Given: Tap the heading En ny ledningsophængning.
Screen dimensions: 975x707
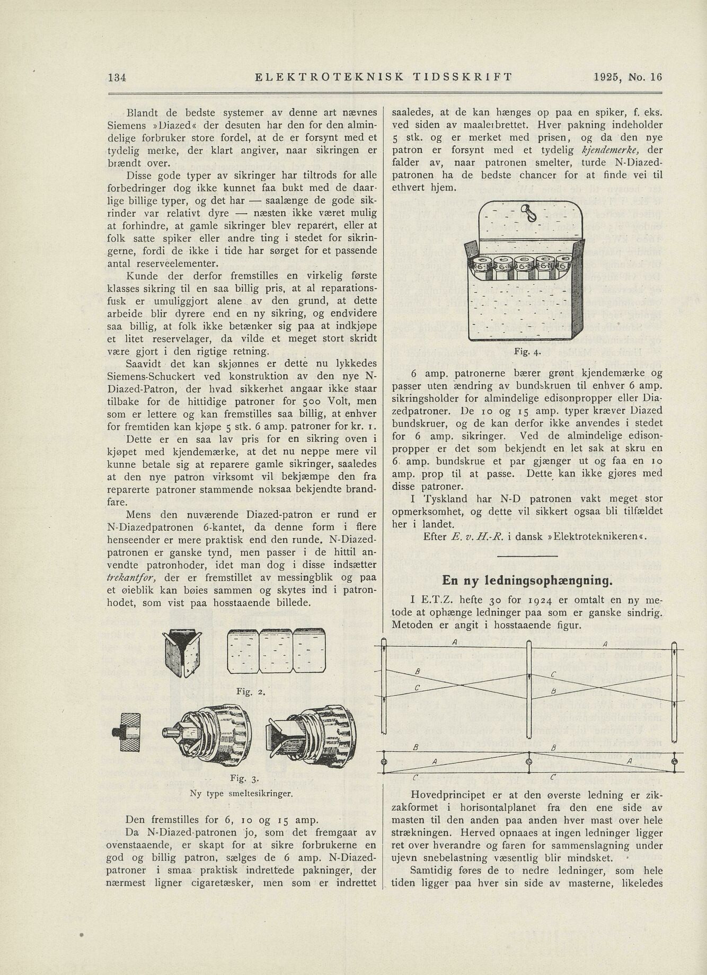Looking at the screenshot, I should [x=527, y=581].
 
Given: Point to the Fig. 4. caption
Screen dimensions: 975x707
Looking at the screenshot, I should [x=527, y=352].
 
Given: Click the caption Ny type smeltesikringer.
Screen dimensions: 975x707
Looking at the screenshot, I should [x=241, y=794].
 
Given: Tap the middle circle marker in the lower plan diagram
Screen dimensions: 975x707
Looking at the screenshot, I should [x=528, y=762].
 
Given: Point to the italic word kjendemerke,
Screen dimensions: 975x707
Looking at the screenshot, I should [x=612, y=150].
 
